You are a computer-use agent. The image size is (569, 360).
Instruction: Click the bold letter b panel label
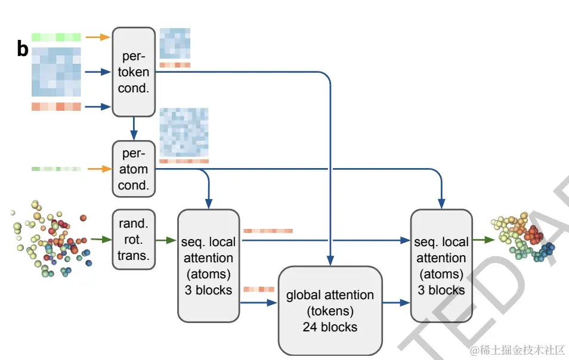(x=23, y=49)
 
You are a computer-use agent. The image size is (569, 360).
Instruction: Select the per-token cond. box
(x=134, y=72)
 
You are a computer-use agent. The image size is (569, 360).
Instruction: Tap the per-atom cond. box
(x=134, y=169)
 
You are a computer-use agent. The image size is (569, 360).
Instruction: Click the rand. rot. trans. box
(x=134, y=239)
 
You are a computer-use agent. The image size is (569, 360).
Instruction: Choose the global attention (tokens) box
(x=330, y=311)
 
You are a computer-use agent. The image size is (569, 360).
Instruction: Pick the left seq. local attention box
(x=208, y=266)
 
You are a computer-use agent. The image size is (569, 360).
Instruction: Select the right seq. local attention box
(x=441, y=266)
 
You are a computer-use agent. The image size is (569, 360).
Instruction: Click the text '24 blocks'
(x=330, y=327)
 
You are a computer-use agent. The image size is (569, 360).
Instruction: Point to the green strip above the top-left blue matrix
(x=56, y=37)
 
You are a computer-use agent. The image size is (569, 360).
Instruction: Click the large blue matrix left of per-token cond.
(x=56, y=72)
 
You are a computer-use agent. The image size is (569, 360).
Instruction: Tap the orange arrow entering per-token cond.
(x=98, y=37)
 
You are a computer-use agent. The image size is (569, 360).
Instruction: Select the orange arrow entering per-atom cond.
(x=100, y=169)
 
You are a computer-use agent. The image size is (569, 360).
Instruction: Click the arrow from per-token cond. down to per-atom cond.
(x=134, y=128)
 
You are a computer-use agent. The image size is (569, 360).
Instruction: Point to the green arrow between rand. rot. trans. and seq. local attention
(x=166, y=240)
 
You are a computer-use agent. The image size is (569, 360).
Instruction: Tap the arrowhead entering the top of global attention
(x=330, y=260)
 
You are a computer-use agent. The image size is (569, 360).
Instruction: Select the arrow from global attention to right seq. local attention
(x=396, y=302)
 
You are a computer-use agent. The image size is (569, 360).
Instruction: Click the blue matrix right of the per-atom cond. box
(x=184, y=132)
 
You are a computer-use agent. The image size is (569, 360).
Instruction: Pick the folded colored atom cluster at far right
(x=523, y=237)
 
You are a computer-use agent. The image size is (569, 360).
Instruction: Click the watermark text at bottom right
(x=518, y=350)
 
